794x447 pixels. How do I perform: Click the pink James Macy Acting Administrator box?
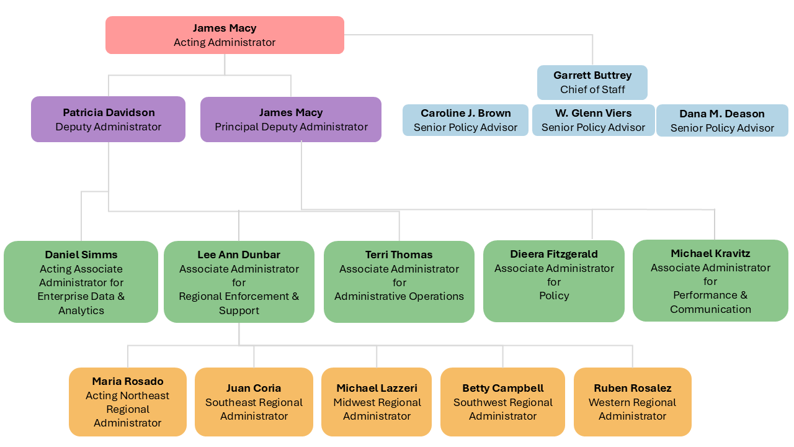(225, 35)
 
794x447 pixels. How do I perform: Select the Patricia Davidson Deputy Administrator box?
(109, 119)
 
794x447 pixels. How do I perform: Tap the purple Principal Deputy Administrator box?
(291, 119)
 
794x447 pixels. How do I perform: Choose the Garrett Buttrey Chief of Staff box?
(592, 83)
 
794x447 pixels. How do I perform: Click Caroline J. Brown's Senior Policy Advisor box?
(465, 120)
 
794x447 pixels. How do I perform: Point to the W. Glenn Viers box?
(593, 120)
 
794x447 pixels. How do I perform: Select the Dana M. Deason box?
(722, 121)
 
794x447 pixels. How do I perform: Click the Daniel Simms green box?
(81, 282)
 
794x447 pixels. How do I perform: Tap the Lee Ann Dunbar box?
(239, 282)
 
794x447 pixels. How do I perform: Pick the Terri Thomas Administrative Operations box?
(399, 282)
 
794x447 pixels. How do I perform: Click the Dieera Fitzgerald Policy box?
(554, 281)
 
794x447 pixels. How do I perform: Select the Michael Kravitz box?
(710, 281)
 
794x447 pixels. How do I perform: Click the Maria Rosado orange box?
(128, 402)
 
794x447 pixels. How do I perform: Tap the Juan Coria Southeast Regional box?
(254, 402)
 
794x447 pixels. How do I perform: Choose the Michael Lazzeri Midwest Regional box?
(377, 402)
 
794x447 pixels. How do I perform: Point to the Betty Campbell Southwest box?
(502, 402)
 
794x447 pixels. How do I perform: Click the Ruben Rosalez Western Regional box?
(632, 402)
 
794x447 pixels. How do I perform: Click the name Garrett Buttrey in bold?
(592, 75)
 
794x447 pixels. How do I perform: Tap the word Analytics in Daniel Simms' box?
(81, 310)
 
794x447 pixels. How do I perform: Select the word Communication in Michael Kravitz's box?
(710, 309)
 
